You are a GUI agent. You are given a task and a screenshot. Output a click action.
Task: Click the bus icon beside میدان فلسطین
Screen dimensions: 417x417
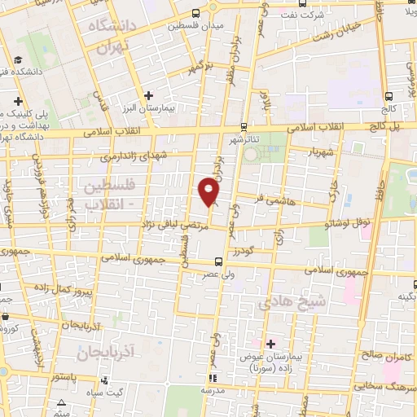tap(195, 13)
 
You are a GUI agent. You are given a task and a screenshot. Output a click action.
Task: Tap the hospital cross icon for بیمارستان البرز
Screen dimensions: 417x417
tap(148, 96)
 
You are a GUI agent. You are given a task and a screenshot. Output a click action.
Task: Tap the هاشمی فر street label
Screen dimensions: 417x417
tap(267, 199)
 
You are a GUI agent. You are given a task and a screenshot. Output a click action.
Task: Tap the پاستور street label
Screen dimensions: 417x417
tap(63, 377)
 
